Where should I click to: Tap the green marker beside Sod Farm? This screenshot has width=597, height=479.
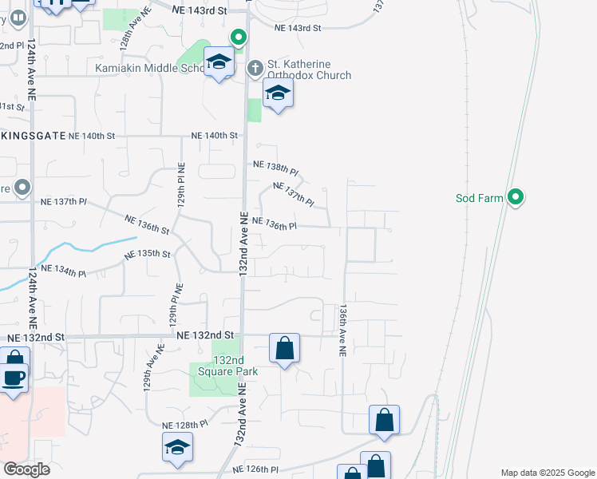coord(516,196)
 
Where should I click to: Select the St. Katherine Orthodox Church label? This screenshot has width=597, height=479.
coord(310,69)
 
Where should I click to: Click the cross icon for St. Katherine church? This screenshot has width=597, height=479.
coord(255,68)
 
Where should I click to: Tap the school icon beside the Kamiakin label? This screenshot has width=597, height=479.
coord(219,62)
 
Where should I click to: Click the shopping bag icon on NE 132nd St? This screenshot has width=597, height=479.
coord(284,348)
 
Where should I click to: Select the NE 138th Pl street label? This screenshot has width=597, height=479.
coord(275,168)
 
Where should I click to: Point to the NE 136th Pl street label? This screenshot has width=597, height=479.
coord(275,224)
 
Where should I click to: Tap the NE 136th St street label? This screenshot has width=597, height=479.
coord(148,224)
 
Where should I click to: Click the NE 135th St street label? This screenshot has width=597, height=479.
coord(148,254)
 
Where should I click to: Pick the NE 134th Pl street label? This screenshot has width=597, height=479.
coord(62,271)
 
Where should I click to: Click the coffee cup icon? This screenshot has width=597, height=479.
coord(14,377)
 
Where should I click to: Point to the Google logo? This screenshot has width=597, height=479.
coord(26,469)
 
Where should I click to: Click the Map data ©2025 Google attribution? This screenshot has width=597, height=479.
coord(547,473)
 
